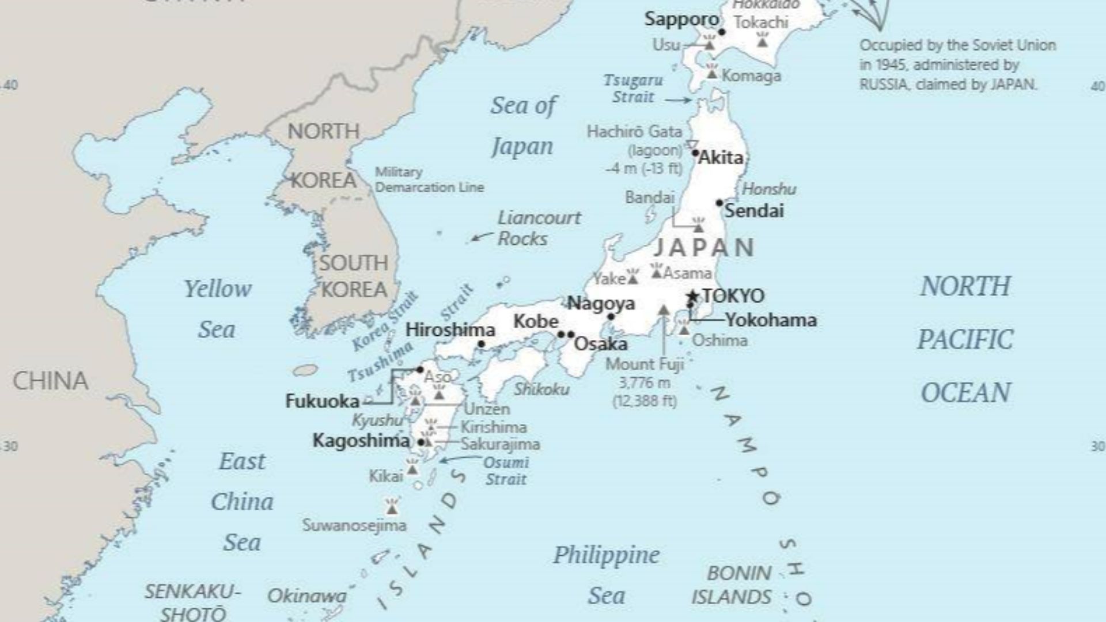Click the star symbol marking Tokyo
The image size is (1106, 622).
(693, 297)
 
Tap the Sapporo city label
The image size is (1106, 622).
(681, 19)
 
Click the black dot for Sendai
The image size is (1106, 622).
(719, 203)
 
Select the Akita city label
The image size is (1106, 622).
(721, 158)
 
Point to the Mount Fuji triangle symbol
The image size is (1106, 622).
(664, 310)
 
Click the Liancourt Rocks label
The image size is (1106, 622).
(539, 228)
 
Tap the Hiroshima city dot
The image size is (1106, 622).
(482, 344)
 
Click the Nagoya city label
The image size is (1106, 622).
(601, 303)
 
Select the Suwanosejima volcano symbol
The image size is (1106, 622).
(392, 507)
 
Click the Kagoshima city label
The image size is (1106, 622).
(361, 441)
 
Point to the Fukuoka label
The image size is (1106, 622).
(322, 401)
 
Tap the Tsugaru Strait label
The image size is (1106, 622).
(633, 89)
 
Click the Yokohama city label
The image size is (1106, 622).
(771, 320)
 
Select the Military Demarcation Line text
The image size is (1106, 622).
(429, 180)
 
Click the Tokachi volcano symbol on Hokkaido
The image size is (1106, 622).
(762, 40)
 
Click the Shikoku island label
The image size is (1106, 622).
(541, 389)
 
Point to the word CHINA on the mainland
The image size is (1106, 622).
(51, 381)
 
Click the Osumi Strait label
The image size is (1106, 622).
(505, 471)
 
